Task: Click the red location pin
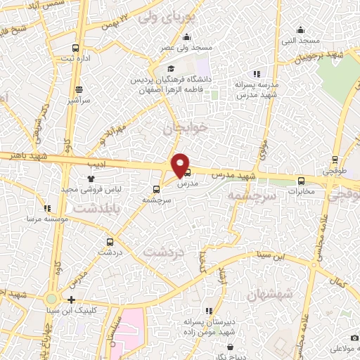(181, 164)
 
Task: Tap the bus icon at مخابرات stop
(302, 180)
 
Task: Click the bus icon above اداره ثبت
(76, 48)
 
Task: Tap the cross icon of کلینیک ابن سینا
(71, 300)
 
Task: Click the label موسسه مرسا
(46, 219)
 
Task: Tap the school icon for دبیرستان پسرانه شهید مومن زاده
(209, 310)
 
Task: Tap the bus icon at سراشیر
(79, 89)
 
